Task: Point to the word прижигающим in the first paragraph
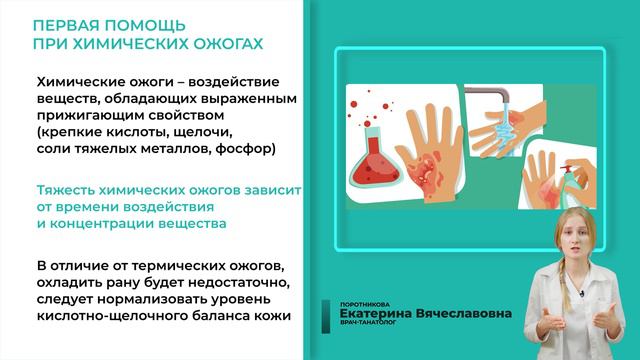(87, 116)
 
